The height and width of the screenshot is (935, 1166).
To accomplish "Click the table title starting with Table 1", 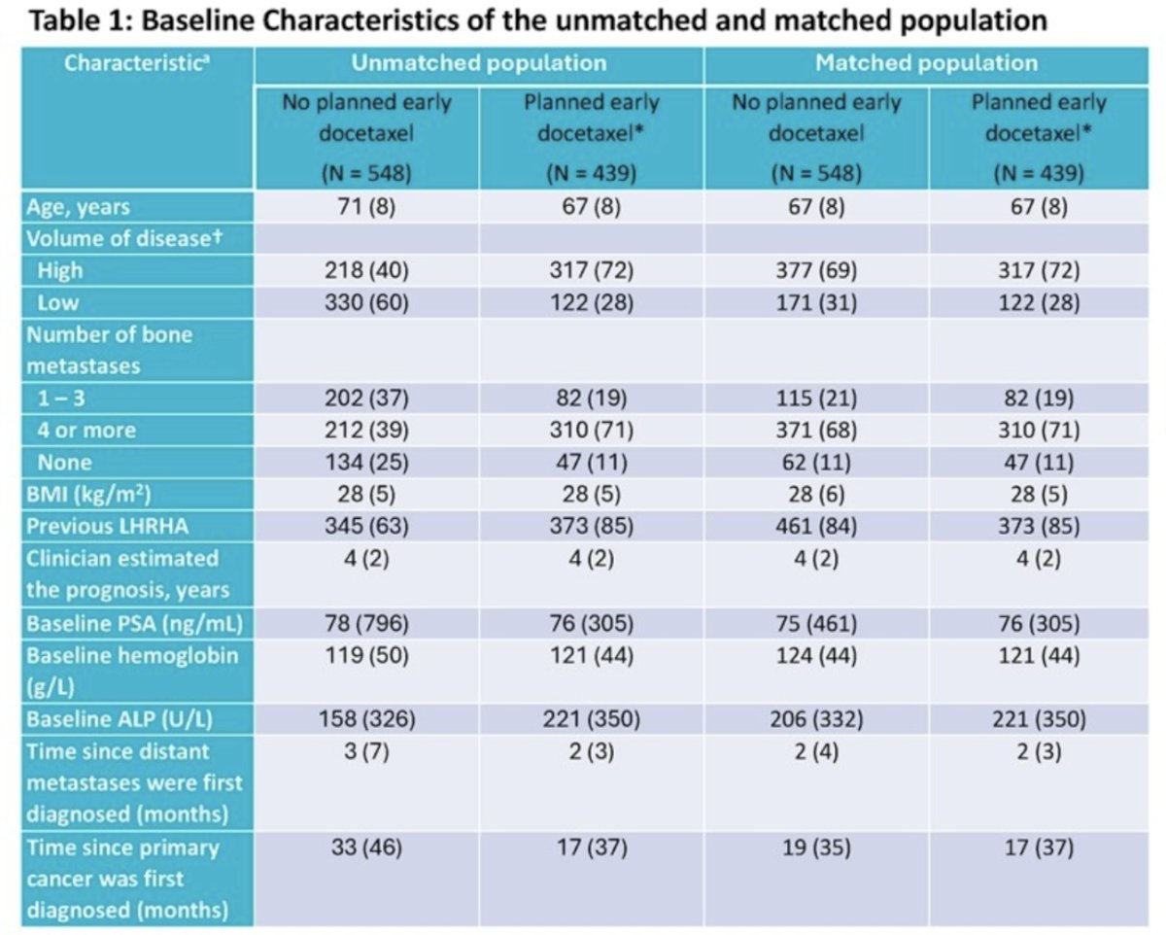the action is coord(537,20).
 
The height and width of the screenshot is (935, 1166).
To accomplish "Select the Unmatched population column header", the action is coord(479,63).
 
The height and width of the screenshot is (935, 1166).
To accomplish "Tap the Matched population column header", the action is coord(927,63).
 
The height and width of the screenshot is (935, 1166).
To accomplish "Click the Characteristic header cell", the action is coord(137,63).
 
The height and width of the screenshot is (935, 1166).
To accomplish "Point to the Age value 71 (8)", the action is coord(366,206).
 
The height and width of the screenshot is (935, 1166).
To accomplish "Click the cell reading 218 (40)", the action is coord(366,270).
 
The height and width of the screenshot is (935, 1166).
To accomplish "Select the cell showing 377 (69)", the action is coord(816,270).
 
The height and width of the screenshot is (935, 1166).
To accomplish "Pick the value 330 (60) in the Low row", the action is coord(366,302).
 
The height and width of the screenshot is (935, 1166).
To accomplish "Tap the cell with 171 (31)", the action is coord(816,302).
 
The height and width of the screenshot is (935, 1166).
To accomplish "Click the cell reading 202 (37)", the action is coord(366,398).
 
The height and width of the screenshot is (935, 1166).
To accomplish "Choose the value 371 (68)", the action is coord(816,430).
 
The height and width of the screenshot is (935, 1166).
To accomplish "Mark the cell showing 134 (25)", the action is coord(366,462).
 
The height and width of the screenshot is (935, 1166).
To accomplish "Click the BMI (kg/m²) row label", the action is coord(88,495).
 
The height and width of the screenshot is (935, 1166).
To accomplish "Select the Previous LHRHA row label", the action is coord(107,526).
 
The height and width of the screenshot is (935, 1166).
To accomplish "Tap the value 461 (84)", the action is coord(816,526).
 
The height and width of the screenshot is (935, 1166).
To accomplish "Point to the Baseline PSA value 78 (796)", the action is coord(366,623).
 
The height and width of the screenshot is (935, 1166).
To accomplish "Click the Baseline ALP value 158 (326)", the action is coord(366,718).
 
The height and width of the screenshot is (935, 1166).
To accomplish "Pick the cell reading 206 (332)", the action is coord(816,718).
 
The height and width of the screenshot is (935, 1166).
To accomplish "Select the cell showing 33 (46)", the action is coord(366,848).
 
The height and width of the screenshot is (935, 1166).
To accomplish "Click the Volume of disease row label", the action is coord(124,238).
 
